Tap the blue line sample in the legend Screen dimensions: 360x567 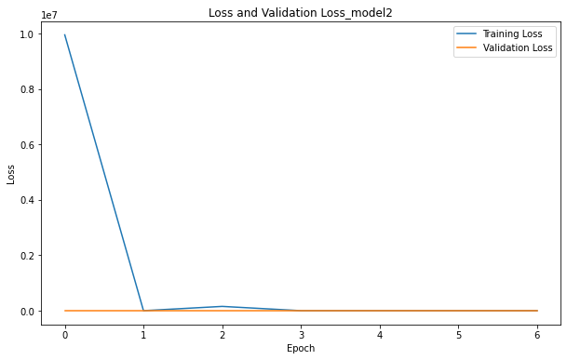[466, 33]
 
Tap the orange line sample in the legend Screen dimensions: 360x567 [466, 47]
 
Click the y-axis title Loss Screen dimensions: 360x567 [12, 174]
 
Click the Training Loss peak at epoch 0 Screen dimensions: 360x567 [65, 35]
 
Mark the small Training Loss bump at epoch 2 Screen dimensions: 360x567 [223, 306]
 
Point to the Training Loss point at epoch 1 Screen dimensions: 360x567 [144, 311]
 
